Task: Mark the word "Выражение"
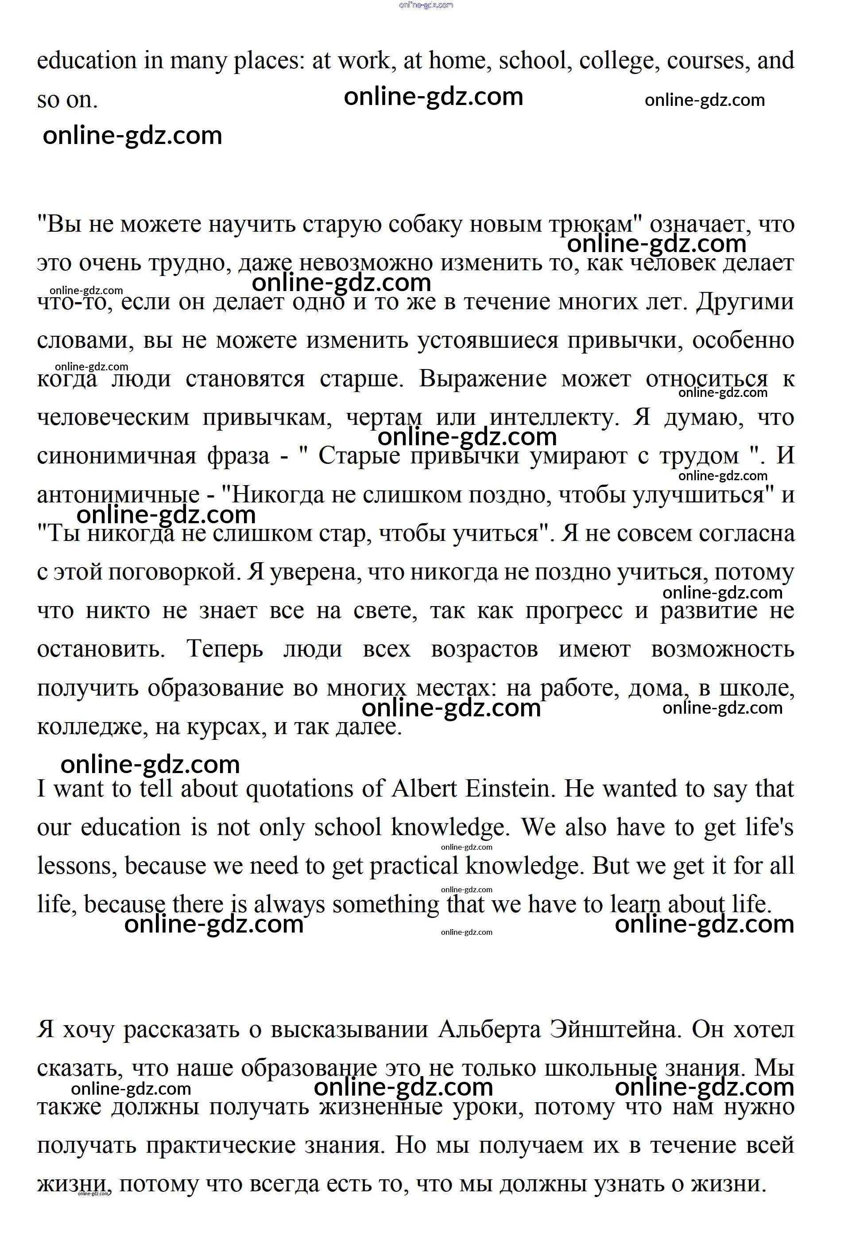click(483, 379)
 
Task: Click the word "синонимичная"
click(116, 456)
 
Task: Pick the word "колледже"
click(92, 727)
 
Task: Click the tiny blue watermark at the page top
click(426, 5)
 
